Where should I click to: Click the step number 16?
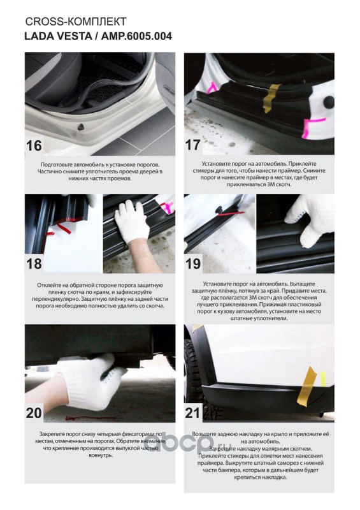click(34, 145)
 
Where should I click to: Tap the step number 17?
click(193, 145)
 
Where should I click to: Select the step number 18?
click(34, 263)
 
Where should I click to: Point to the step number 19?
click(193, 263)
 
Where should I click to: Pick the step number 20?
click(34, 412)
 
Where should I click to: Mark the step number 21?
click(192, 413)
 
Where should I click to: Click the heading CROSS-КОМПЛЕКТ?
click(76, 22)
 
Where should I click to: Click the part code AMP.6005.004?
click(136, 36)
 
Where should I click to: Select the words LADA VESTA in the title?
click(58, 36)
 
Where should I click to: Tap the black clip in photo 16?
click(81, 127)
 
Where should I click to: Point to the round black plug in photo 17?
click(329, 102)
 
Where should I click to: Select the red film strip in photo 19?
click(230, 214)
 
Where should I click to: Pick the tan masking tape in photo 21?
click(306, 386)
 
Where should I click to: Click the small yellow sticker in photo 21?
click(323, 379)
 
